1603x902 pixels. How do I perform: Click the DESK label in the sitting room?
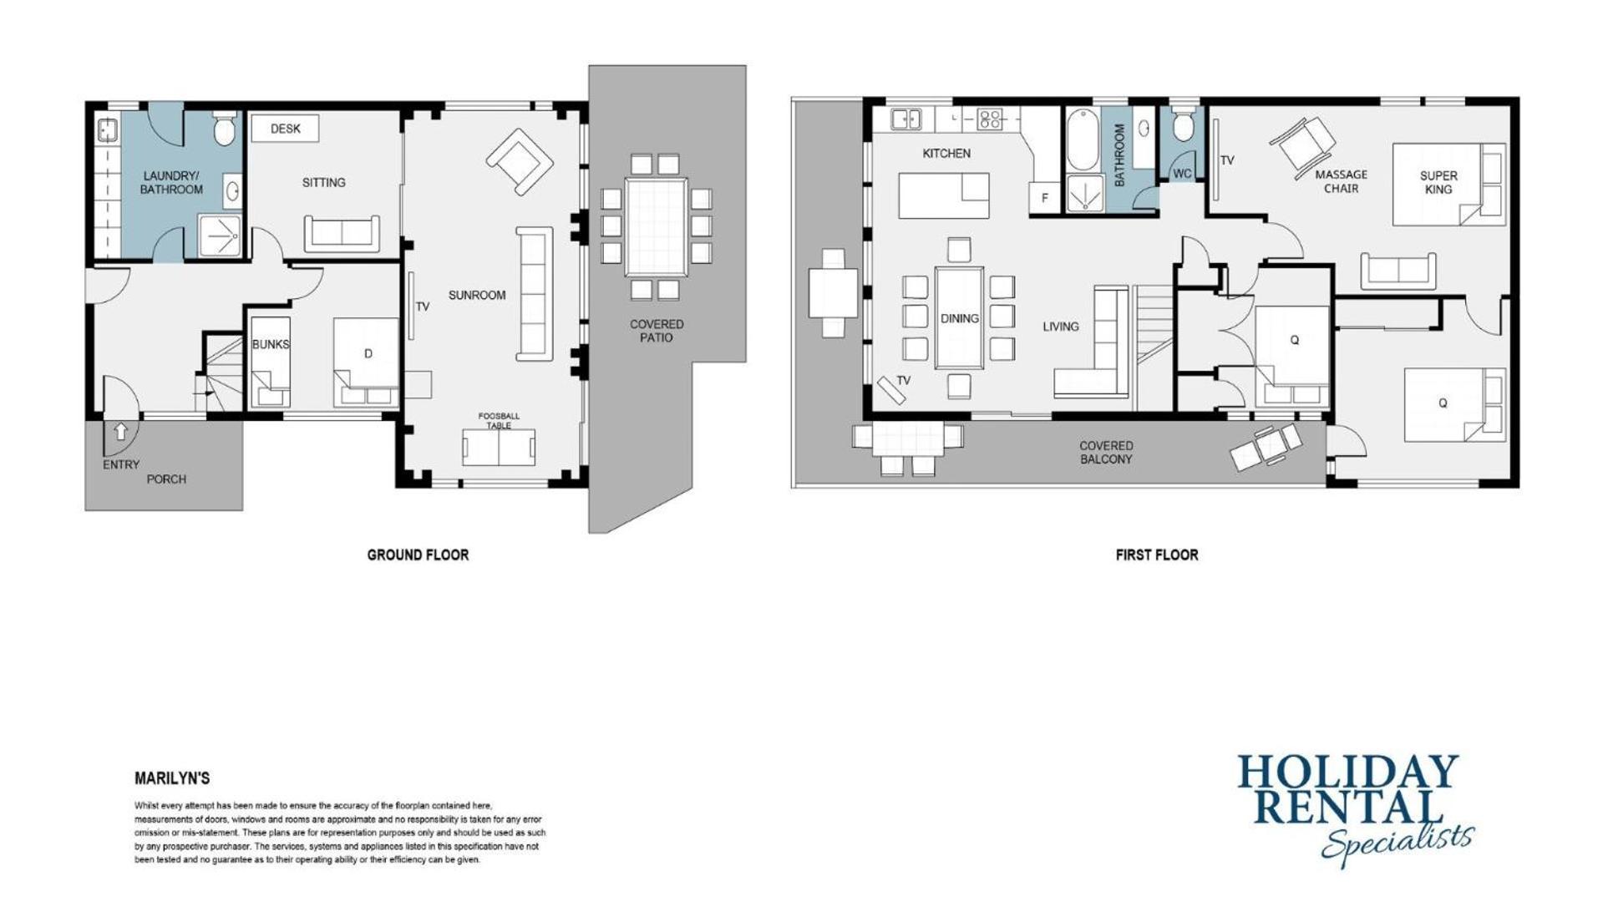coord(285,129)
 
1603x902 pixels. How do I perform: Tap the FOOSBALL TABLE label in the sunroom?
coord(499,420)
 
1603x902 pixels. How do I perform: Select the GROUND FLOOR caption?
coord(418,555)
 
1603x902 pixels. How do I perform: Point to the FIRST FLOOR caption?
coord(1156,555)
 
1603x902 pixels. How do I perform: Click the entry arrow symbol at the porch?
coord(120,431)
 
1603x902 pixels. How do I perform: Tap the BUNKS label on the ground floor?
coord(271,344)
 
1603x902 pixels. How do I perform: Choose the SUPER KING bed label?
coord(1438,182)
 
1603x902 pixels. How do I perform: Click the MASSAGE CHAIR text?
coord(1341,181)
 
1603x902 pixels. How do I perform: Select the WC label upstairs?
coord(1182,174)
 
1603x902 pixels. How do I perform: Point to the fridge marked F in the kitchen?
coord(1044,198)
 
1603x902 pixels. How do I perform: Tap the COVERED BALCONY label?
coord(1106,453)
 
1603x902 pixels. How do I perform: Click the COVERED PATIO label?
coord(657,331)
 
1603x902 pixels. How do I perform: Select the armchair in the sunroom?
coord(520,161)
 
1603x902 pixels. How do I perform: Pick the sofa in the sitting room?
coord(342,233)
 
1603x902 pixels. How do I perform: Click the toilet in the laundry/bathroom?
coord(224,129)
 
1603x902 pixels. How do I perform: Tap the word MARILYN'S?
coord(172,778)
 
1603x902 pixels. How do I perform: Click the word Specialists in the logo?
coord(1398,844)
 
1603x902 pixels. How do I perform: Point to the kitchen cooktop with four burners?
coord(989,119)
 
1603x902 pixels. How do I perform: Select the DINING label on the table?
coord(959,318)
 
